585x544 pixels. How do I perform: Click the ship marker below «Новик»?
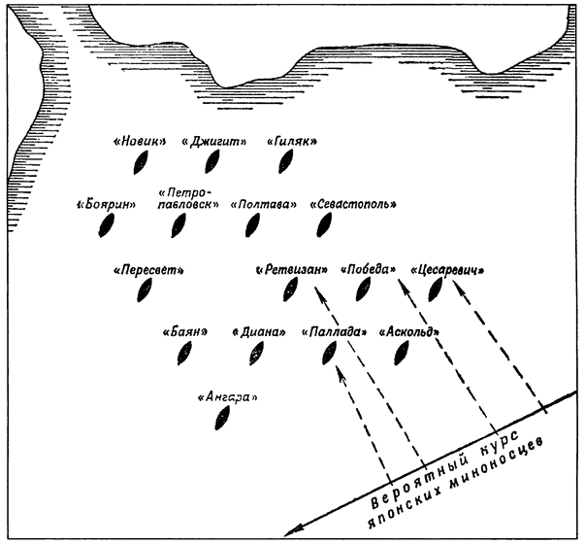[141, 162]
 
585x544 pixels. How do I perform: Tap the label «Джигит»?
[214, 142]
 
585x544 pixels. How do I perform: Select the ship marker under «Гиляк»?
[286, 161]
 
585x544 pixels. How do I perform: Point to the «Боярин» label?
[107, 205]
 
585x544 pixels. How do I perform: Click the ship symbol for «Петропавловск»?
[179, 225]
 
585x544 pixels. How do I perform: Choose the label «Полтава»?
[264, 205]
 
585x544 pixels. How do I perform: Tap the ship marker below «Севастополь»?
[324, 225]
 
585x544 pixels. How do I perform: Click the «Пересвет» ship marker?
[145, 290]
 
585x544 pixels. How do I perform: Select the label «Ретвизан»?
[292, 270]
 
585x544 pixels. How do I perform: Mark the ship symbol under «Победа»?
[364, 289]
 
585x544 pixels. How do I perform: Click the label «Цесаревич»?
[447, 270]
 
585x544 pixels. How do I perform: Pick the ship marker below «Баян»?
[184, 354]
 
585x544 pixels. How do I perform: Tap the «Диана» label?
[259, 332]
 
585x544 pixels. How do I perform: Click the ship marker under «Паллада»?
[330, 353]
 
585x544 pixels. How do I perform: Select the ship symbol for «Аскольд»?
[402, 353]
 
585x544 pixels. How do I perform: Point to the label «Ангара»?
[228, 397]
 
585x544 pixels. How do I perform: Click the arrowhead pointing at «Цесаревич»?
[458, 287]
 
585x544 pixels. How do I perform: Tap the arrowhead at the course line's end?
[293, 530]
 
